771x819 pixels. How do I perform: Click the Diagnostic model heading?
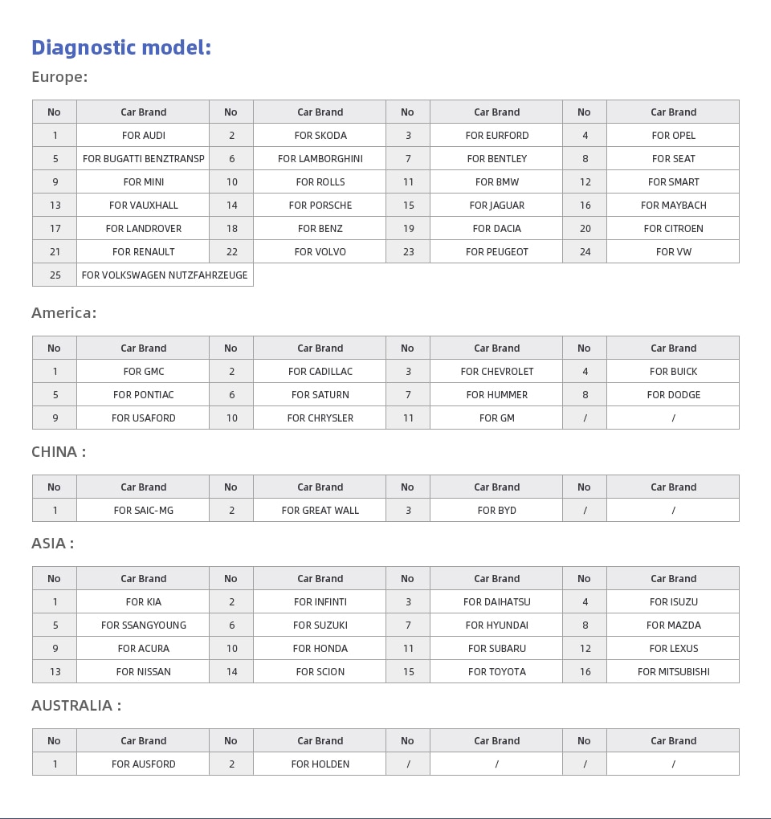[121, 48]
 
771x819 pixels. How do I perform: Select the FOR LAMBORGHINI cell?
[320, 159]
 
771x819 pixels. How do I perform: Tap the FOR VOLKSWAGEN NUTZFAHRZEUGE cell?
[165, 275]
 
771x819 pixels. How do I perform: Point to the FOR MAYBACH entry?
[673, 206]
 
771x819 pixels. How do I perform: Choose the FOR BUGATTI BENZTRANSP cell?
[143, 159]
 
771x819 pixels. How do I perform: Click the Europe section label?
[59, 77]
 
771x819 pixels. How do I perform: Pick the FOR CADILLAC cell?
[320, 372]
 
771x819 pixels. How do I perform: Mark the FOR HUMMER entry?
[496, 395]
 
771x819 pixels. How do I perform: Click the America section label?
[63, 313]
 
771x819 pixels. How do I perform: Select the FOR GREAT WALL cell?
[320, 511]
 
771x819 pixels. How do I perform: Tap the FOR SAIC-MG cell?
[143, 511]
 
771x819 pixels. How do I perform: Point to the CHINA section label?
[59, 452]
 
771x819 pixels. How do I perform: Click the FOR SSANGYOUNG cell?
[143, 625]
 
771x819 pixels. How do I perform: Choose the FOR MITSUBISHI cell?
[673, 672]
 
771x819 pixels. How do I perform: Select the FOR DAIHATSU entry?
[496, 602]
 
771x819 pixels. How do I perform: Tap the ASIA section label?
[52, 544]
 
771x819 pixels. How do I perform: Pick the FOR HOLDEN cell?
[320, 764]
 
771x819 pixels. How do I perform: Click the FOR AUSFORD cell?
[143, 764]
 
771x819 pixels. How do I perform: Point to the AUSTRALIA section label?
[76, 706]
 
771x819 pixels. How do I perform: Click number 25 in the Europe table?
[55, 275]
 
